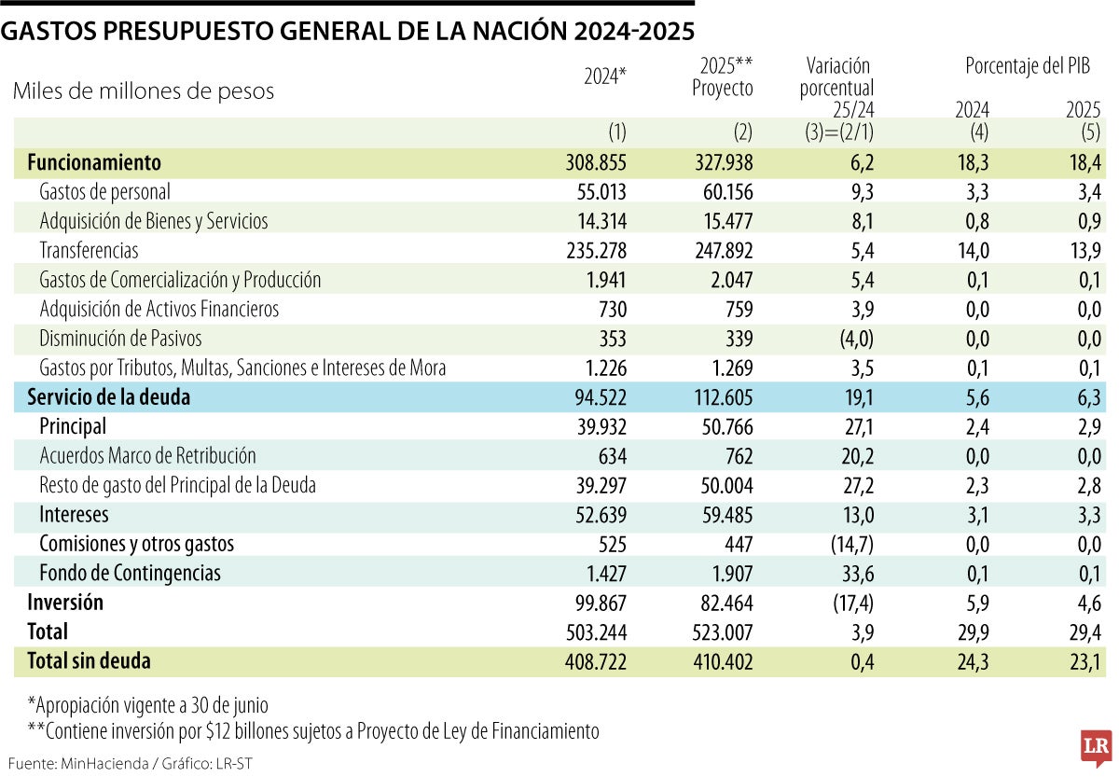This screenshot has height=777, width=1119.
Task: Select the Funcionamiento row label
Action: pos(94,162)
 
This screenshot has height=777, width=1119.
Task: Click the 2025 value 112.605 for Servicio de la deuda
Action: pos(719,397)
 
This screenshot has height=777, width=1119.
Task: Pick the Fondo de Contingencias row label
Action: pos(130,572)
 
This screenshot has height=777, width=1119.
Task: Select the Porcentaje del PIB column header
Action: pos(1027,66)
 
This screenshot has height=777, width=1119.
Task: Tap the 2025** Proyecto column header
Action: pos(724,76)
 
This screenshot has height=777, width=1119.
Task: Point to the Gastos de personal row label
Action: pos(104,191)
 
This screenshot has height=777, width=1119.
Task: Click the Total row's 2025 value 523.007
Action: pos(719,631)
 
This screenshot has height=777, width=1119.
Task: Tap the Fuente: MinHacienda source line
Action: pos(131,763)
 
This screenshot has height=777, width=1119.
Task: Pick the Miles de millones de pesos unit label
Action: pos(144,91)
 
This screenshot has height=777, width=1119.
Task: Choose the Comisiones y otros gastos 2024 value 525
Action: pos(607,543)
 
